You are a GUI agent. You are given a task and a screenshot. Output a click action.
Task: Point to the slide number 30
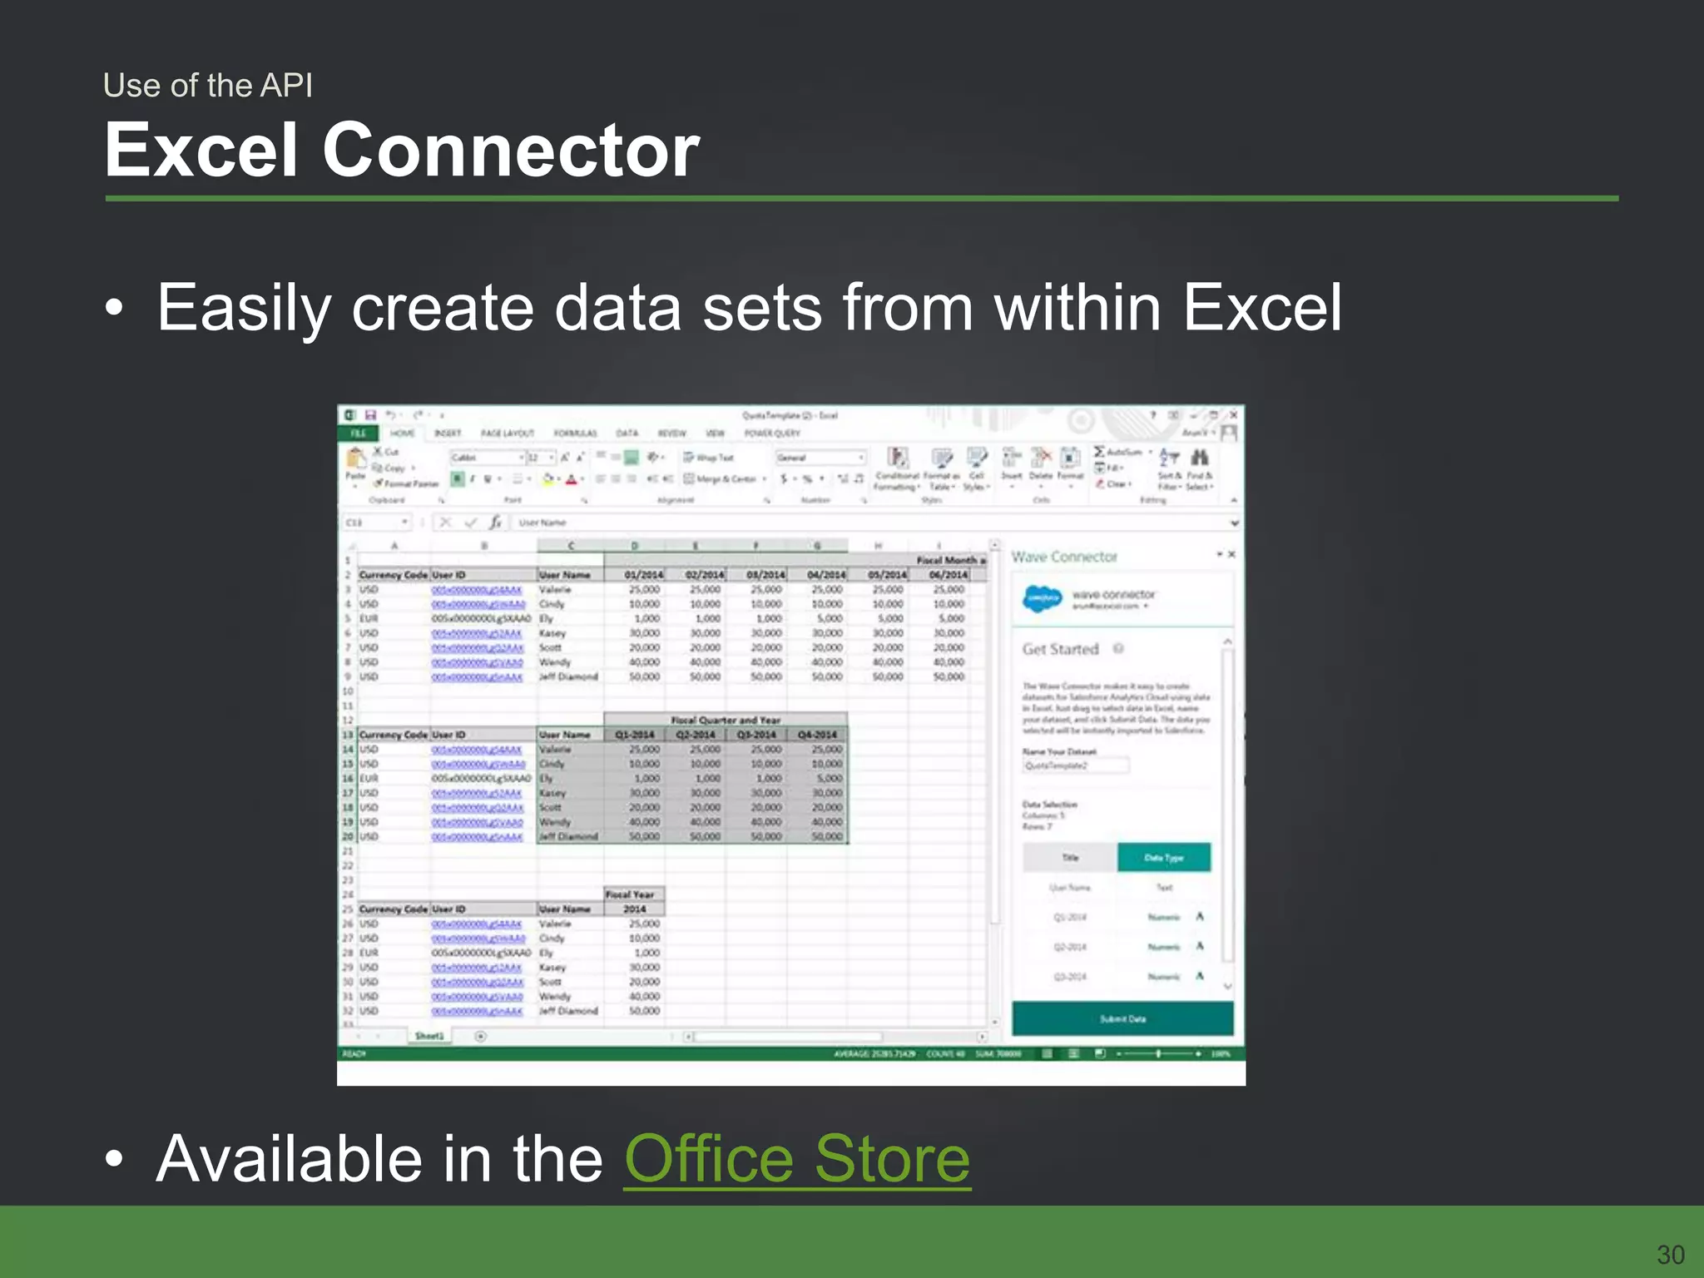[x=1671, y=1254]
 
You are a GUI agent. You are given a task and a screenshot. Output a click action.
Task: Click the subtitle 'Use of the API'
[x=208, y=85]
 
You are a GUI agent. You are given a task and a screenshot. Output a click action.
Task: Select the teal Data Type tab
[x=1163, y=857]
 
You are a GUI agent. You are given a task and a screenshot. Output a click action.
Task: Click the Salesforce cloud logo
[x=1043, y=597]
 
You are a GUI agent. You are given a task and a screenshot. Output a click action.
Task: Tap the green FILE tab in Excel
[x=359, y=433]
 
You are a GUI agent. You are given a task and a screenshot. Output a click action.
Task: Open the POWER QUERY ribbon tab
[x=772, y=433]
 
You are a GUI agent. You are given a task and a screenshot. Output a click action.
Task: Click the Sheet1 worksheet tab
[x=429, y=1036]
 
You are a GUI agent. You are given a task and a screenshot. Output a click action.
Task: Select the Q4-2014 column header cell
[x=817, y=735]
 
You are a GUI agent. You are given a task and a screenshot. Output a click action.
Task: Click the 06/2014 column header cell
[x=949, y=575]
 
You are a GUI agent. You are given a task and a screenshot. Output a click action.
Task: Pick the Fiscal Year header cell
[x=633, y=894]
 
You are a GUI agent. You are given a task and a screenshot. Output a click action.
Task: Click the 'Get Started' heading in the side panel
[x=1061, y=649]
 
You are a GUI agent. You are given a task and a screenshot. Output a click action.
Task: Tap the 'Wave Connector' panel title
[x=1064, y=557]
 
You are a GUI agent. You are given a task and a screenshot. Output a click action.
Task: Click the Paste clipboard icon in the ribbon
[x=356, y=463]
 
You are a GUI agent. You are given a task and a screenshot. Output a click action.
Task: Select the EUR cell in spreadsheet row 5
[x=369, y=619]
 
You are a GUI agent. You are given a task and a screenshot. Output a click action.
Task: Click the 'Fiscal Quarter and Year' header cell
[x=726, y=721]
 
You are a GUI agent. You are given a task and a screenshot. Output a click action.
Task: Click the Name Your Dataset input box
[x=1076, y=765]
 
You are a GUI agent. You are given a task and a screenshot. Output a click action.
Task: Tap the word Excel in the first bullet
[x=1261, y=308]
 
